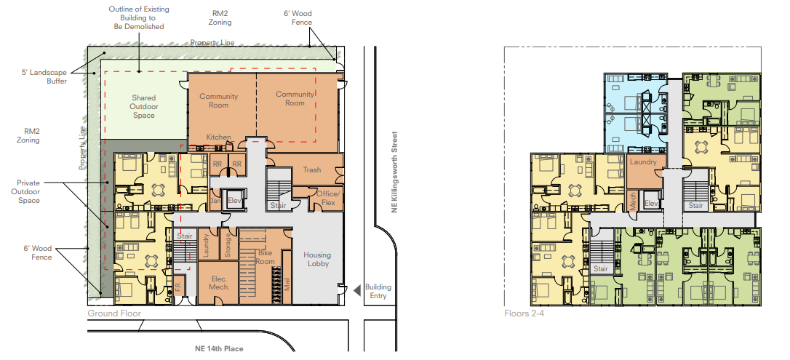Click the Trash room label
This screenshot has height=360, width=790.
point(312,169)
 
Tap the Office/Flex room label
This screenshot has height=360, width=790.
point(329,198)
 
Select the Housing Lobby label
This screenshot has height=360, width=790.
point(317,260)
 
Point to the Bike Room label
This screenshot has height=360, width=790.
point(265,257)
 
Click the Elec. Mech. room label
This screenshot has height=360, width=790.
point(219,283)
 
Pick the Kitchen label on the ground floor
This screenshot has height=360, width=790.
point(219,137)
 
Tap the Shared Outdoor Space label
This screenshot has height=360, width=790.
point(144,107)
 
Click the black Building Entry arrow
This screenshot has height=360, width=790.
point(356,290)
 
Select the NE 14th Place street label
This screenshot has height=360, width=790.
point(219,348)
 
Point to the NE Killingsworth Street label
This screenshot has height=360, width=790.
point(395,172)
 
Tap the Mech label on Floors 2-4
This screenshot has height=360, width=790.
point(633,201)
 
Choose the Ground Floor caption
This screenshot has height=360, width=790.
point(114,313)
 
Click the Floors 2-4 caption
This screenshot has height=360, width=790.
point(524,313)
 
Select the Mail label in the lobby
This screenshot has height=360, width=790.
point(287,286)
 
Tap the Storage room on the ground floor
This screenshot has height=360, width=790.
point(228,244)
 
